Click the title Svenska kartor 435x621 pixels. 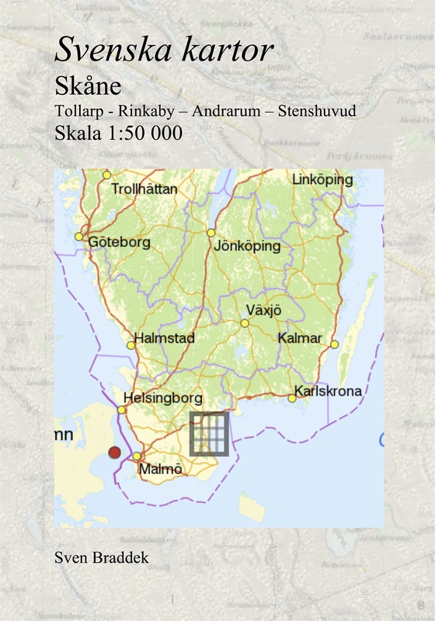(163, 51)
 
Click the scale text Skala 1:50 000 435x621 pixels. (118, 133)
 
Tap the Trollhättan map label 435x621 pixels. (144, 189)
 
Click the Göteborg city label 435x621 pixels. (120, 242)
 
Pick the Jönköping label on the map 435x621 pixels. (246, 246)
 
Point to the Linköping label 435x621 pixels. (322, 180)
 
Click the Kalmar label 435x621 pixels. (299, 338)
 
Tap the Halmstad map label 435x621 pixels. (164, 339)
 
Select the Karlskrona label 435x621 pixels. (329, 391)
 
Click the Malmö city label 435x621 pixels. (160, 469)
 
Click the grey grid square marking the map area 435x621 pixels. (209, 434)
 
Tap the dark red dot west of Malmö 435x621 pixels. (114, 452)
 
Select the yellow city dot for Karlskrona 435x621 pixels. (292, 398)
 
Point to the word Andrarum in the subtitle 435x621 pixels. (221, 111)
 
